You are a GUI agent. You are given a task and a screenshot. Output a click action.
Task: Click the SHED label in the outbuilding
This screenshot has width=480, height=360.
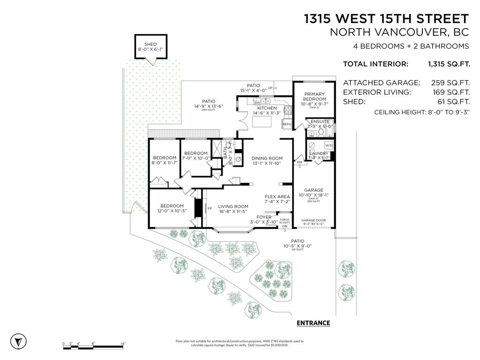coord(150,45)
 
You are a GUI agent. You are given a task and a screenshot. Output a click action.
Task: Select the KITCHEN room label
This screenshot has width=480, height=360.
coord(265,108)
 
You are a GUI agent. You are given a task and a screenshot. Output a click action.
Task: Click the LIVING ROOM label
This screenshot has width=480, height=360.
coord(233,206)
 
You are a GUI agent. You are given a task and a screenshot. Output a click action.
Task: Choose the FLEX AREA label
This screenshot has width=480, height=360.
coord(277,196)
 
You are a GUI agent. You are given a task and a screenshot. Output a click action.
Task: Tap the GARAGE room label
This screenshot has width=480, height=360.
coord(314,190)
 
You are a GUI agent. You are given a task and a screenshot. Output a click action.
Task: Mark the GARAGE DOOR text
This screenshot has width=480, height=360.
coord(314,220)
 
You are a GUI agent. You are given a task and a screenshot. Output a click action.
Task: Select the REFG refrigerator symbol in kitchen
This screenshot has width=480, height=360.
coord(286,124)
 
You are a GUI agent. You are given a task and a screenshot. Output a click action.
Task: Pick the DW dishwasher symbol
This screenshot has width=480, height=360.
coord(257,102)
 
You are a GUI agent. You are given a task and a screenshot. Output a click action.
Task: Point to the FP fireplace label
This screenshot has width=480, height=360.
coord(210,208)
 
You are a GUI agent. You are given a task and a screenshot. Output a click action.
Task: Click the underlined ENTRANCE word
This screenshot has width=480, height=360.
coord(314,323)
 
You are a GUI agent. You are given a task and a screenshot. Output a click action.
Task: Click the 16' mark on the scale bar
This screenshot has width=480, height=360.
coord(123,344)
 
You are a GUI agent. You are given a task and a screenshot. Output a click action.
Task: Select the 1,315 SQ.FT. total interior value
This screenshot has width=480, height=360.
coord(449,64)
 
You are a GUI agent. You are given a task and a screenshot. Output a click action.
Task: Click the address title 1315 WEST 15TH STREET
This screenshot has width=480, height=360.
coord(386,19)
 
